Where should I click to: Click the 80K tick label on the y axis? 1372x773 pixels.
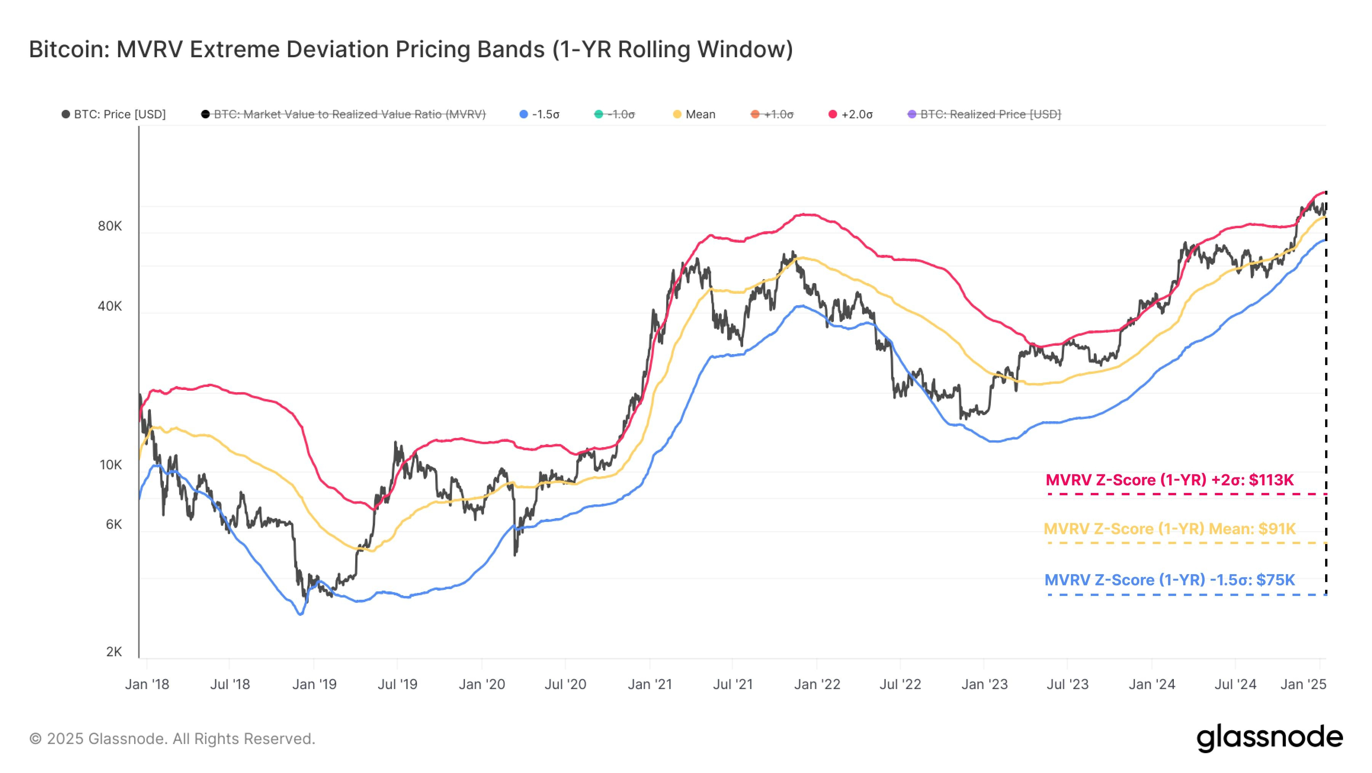(110, 226)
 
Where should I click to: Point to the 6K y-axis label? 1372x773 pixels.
(114, 525)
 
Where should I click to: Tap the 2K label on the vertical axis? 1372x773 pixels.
(114, 651)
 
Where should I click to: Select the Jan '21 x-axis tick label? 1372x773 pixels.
(650, 684)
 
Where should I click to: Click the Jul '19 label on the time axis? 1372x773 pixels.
(397, 684)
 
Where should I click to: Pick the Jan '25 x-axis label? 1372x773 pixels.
(1303, 684)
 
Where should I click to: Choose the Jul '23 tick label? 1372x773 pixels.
(1067, 684)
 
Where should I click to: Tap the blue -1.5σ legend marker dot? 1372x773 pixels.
(524, 114)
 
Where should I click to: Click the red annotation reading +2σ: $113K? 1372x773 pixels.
(1170, 480)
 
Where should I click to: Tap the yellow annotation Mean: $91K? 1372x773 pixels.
(1170, 529)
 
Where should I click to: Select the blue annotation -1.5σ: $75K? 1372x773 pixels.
(1170, 580)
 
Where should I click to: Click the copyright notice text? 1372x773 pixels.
(172, 739)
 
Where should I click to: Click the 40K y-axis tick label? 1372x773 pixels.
(110, 306)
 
